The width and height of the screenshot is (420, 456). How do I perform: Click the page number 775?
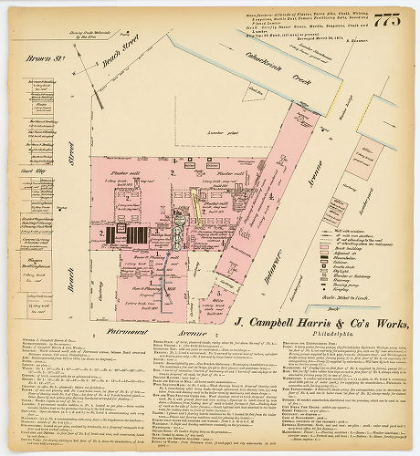(x=387, y=21)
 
